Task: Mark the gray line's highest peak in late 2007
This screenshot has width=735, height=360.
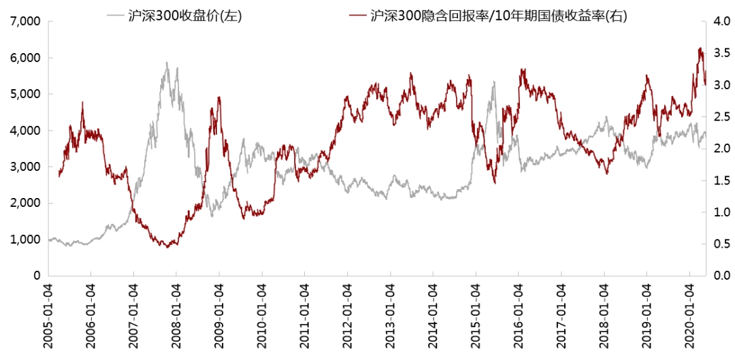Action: [x=166, y=63]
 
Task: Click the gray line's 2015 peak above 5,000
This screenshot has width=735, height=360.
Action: [x=494, y=82]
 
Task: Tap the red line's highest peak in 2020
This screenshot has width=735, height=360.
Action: [x=700, y=48]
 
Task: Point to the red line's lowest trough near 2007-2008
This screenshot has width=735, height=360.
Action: [x=167, y=246]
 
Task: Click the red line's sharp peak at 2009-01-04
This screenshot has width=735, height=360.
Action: [x=219, y=97]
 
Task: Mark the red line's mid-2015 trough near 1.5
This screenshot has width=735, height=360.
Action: [x=495, y=182]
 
